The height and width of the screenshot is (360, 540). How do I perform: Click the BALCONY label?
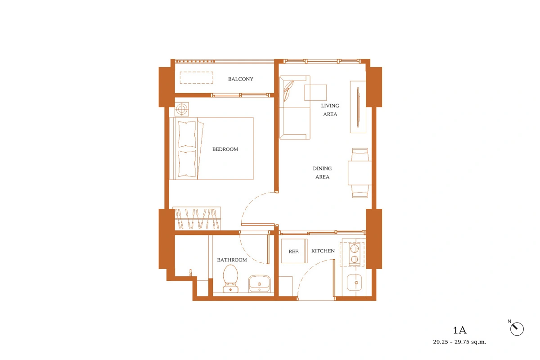[x=241, y=79]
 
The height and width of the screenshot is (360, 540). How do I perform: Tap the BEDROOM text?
[x=225, y=149]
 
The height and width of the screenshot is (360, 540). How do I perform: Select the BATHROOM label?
[x=232, y=260]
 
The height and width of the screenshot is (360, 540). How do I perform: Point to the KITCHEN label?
[x=323, y=251]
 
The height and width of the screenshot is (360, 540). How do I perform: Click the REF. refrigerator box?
[x=294, y=251]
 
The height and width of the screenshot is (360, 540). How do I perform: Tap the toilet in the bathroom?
[x=230, y=279]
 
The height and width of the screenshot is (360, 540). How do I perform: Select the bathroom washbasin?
[x=259, y=283]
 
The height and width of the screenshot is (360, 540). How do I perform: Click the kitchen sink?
[x=354, y=283]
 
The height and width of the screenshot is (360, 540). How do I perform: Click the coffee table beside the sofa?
[x=315, y=93]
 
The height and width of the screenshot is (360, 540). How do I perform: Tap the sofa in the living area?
[x=295, y=108]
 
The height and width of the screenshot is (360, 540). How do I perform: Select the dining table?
[x=360, y=173]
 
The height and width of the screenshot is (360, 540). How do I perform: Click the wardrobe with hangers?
[x=197, y=218]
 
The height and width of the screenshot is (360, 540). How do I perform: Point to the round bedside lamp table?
[x=182, y=109]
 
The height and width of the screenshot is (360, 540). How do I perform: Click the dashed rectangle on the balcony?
[x=197, y=78]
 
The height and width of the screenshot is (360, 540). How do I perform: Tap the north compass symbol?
[x=517, y=329]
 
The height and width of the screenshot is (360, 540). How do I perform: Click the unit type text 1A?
[x=460, y=330]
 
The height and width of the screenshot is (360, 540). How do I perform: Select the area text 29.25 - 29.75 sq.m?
[x=459, y=342]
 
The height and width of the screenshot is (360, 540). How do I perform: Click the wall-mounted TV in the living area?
[x=358, y=107]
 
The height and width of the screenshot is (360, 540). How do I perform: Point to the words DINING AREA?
[x=322, y=173]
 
